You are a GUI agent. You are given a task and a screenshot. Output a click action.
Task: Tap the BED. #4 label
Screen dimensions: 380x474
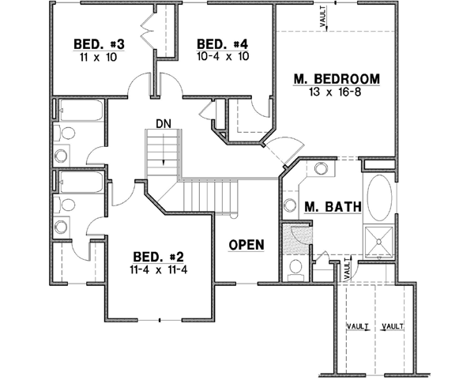[217, 43]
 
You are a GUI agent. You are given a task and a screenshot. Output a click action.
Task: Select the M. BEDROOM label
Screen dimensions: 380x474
[337, 79]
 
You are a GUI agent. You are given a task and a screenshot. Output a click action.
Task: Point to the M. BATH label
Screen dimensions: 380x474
[333, 208]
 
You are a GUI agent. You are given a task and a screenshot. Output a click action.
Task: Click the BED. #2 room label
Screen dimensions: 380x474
[159, 257]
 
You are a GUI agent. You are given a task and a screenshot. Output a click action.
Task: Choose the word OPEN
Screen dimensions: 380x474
[246, 245]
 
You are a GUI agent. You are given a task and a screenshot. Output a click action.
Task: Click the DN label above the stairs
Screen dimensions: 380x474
[164, 124]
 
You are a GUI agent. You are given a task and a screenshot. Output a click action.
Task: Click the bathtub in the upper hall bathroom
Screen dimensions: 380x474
[80, 111]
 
